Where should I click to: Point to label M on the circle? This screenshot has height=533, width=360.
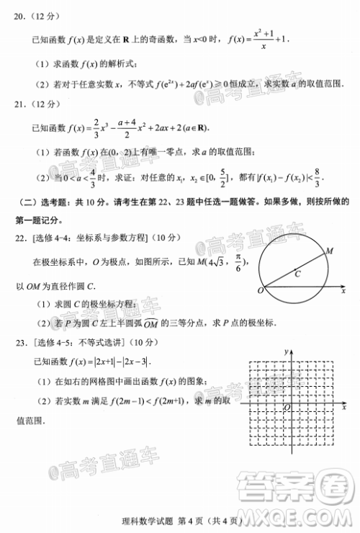[330, 250]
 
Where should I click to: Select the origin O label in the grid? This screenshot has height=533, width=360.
[287, 408]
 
